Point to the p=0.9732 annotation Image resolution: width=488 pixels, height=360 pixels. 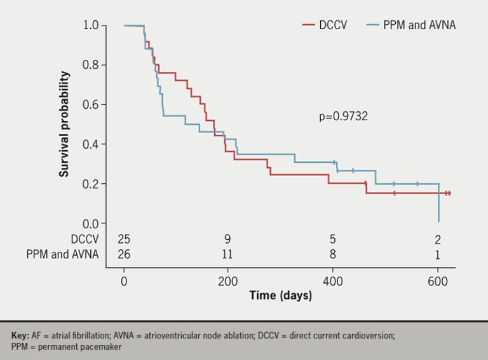[343, 116]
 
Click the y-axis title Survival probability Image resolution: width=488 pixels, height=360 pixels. [65, 124]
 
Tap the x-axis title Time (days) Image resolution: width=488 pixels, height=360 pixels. [280, 296]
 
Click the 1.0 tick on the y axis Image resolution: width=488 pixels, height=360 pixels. [90, 25]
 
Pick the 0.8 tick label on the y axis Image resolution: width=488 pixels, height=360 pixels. [90, 65]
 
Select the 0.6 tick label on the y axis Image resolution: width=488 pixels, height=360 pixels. [90, 104]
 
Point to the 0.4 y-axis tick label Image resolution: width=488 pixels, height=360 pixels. [90, 144]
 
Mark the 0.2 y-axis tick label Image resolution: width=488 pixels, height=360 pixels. [90, 184]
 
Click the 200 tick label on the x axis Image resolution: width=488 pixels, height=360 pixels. [228, 281]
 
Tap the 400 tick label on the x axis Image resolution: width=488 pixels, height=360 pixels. [333, 281]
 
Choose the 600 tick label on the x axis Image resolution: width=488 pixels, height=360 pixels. [438, 281]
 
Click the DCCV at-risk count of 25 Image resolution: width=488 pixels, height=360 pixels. [124, 240]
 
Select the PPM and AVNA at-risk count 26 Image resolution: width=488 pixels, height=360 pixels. [124, 254]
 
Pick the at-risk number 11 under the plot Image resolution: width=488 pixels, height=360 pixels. [227, 254]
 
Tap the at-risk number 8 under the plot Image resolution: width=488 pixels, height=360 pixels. [333, 254]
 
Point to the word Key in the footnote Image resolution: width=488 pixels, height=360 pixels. [20, 335]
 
